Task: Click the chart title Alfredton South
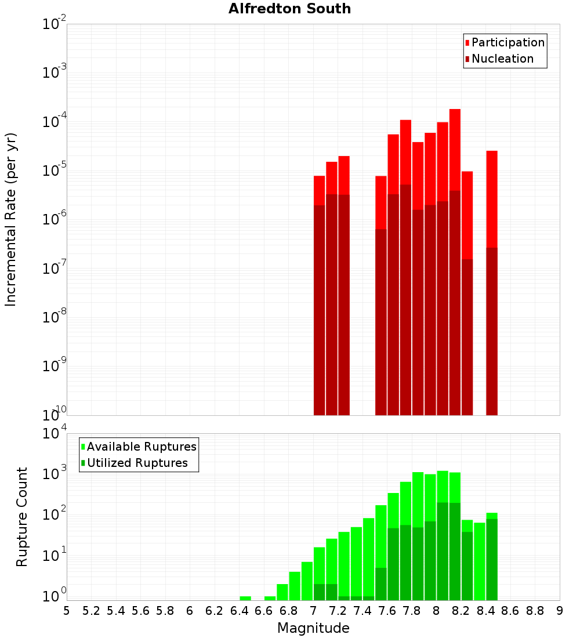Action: (x=289, y=9)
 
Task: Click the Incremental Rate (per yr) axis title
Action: (x=11, y=219)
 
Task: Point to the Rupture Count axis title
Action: (x=22, y=517)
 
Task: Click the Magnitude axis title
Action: (x=313, y=628)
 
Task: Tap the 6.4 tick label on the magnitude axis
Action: (x=239, y=611)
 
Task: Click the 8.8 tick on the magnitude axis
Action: (x=535, y=611)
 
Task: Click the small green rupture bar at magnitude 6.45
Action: (x=245, y=598)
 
